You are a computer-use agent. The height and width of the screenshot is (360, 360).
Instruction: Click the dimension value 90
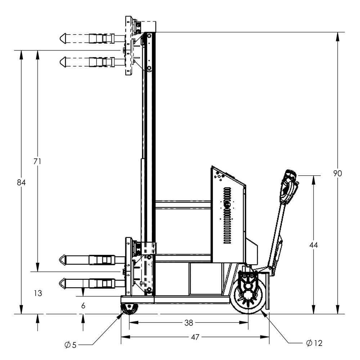click(x=337, y=174)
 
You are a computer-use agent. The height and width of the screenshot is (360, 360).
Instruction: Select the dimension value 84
click(x=21, y=183)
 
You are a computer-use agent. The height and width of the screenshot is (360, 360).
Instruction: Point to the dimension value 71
click(x=37, y=162)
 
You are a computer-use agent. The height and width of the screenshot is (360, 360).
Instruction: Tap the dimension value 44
click(x=314, y=245)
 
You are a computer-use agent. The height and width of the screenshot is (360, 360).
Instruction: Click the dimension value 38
click(x=189, y=323)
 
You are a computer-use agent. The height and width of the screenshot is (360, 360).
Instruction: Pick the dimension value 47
click(x=195, y=337)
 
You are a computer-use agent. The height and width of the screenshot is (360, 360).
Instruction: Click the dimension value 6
click(x=83, y=306)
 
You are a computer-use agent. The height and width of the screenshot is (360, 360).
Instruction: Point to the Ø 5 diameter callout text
click(x=71, y=345)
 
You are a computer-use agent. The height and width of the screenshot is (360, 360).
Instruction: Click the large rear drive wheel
click(x=248, y=296)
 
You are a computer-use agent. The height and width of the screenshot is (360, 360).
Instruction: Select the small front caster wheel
click(x=129, y=309)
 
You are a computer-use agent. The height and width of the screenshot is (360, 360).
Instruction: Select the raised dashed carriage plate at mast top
click(x=129, y=45)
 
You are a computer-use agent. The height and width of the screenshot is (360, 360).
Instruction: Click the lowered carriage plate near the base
click(x=128, y=266)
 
